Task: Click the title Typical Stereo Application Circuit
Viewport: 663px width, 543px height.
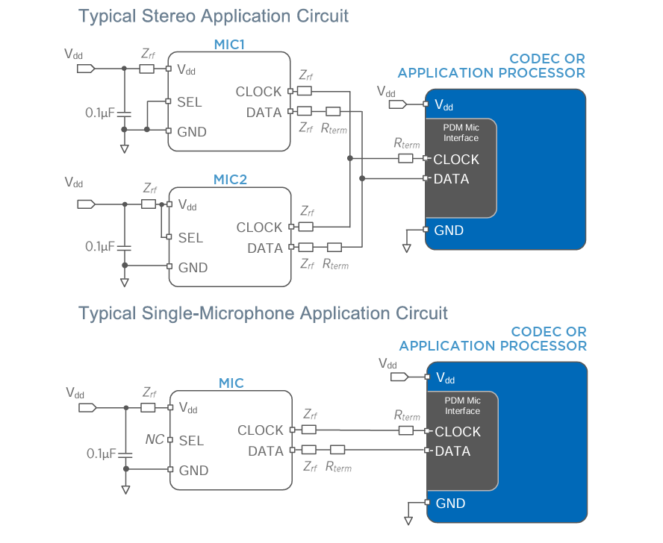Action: tap(214, 16)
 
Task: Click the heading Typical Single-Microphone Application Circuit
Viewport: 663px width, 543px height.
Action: tap(263, 313)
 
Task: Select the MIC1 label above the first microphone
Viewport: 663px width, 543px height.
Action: tap(230, 45)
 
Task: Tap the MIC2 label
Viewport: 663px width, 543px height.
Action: tap(230, 180)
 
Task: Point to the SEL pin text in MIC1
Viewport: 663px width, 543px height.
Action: tap(190, 102)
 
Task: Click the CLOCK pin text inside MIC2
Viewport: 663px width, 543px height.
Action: tap(259, 227)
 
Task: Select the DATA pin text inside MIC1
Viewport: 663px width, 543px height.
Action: tap(264, 113)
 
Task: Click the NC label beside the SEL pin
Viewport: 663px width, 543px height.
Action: tap(154, 440)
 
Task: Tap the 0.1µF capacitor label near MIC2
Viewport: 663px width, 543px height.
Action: tap(99, 246)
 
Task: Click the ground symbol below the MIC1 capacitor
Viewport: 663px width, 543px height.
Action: tap(124, 148)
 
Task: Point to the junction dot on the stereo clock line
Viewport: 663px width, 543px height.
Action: tap(349, 158)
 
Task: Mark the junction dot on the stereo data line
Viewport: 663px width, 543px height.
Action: tap(362, 178)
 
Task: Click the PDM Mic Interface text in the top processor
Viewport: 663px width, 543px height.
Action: tap(461, 133)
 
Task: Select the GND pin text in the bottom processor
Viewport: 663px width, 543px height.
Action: tap(450, 503)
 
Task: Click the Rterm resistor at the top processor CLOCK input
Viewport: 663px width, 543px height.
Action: tap(406, 158)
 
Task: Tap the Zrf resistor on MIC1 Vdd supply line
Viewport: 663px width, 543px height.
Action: tap(147, 69)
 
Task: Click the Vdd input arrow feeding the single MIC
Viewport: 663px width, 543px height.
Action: tap(87, 407)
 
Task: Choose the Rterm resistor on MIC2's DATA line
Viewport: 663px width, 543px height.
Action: tap(334, 247)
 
